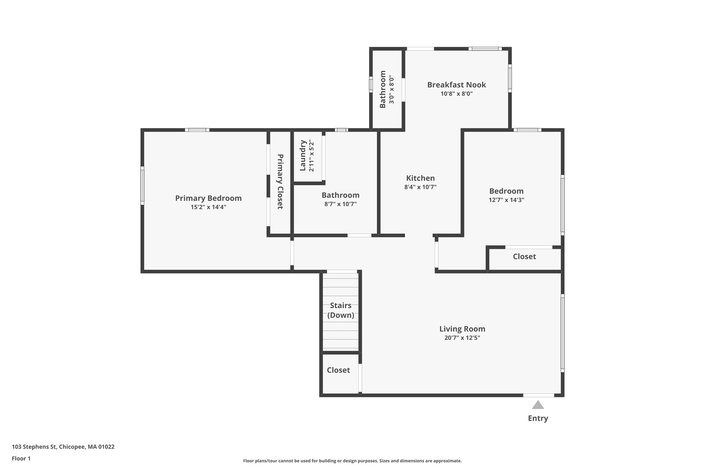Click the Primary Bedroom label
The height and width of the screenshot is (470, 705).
(x=208, y=198)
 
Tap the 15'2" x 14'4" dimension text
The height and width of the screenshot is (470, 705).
(x=208, y=207)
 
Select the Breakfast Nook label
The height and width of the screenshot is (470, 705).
(x=456, y=85)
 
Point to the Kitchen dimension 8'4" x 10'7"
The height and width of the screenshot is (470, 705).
(x=420, y=187)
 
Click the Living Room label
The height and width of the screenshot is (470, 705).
(x=462, y=329)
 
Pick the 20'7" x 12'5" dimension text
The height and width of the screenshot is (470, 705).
(x=462, y=338)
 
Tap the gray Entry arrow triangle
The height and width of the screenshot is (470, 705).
(x=538, y=405)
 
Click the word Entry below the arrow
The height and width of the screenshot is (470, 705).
(x=538, y=418)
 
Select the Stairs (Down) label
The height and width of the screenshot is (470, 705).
(x=341, y=310)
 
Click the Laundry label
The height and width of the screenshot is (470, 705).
(x=303, y=155)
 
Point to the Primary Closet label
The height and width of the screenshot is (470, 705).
(x=280, y=181)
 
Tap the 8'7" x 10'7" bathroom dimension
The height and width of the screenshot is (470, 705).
(x=340, y=204)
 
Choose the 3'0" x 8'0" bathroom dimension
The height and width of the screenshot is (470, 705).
(x=391, y=90)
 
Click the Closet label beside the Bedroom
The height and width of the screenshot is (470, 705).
(x=524, y=257)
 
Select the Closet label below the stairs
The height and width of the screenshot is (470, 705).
(x=338, y=370)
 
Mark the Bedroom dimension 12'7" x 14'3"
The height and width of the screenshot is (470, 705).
(x=506, y=200)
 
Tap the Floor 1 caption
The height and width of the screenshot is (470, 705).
(x=21, y=459)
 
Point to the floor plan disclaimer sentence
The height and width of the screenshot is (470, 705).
(x=352, y=461)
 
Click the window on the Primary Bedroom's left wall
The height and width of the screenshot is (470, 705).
(x=142, y=186)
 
